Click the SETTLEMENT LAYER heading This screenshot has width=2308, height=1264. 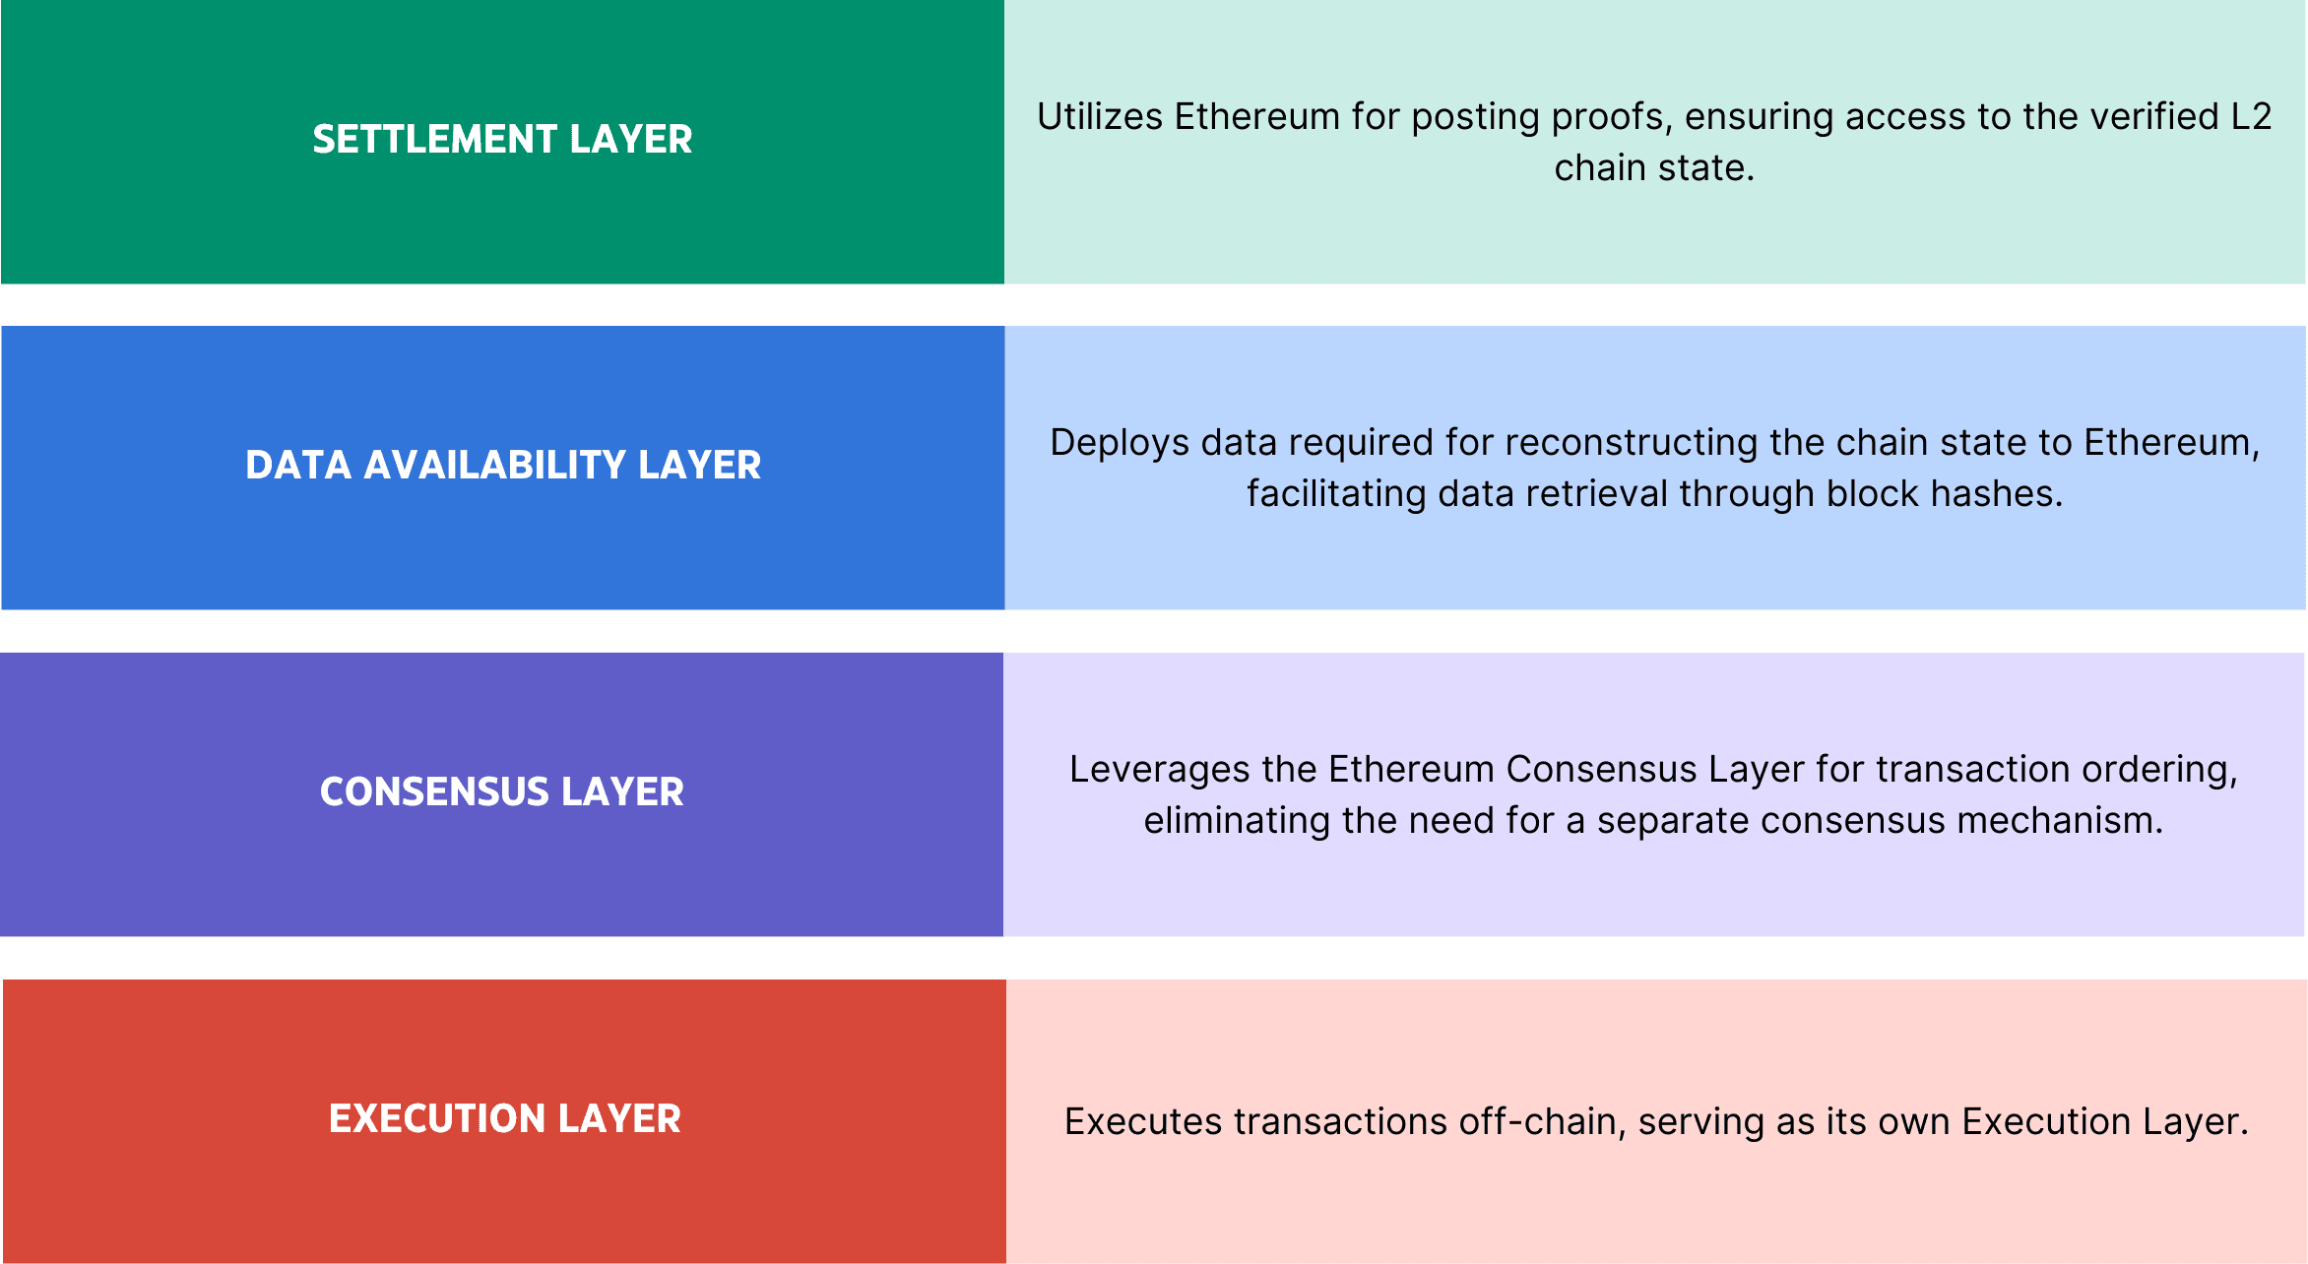click(x=502, y=139)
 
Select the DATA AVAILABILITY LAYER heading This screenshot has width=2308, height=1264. click(x=503, y=465)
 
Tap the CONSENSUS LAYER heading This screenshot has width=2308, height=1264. click(x=501, y=791)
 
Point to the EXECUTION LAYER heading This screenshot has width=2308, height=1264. click(x=504, y=1118)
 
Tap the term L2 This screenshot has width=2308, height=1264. click(x=2251, y=116)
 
